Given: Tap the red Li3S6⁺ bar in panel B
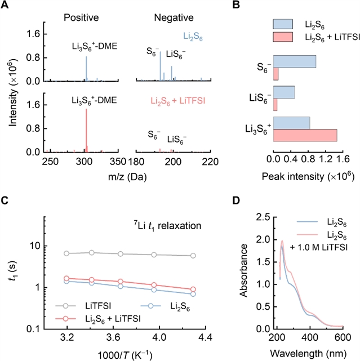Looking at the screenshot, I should [305, 135].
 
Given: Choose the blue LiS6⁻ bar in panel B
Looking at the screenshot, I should [285, 92].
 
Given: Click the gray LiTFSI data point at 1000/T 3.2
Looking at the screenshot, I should [68, 253].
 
